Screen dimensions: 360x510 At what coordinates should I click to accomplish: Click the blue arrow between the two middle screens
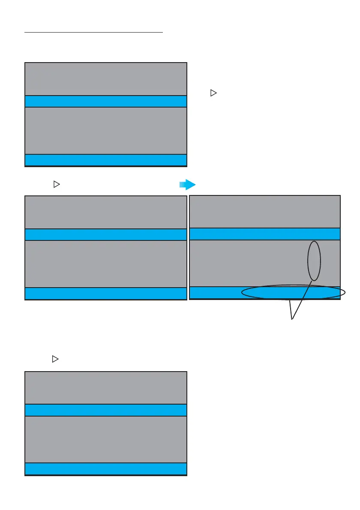tap(188, 185)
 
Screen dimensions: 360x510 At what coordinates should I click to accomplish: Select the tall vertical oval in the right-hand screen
tap(314, 261)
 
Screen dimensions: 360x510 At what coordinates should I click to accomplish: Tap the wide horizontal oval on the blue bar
tap(293, 293)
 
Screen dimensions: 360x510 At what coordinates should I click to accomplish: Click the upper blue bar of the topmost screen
tap(106, 101)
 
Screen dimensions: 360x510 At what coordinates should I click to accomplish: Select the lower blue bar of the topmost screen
tap(106, 159)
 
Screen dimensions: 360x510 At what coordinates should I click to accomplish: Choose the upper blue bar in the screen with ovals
tap(264, 234)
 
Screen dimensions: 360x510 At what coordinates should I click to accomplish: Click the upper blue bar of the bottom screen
tap(106, 410)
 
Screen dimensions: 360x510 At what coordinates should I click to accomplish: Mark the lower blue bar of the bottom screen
tap(106, 468)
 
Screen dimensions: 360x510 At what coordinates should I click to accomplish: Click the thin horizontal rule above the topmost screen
tap(94, 32)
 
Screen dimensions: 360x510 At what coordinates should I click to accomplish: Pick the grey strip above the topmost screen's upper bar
tap(106, 79)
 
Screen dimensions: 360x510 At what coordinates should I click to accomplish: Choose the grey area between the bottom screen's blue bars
tap(106, 439)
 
